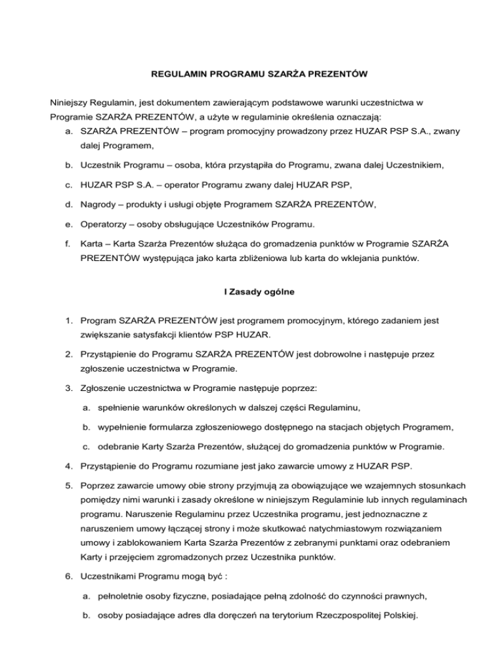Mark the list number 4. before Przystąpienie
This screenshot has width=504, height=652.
click(x=58, y=466)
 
